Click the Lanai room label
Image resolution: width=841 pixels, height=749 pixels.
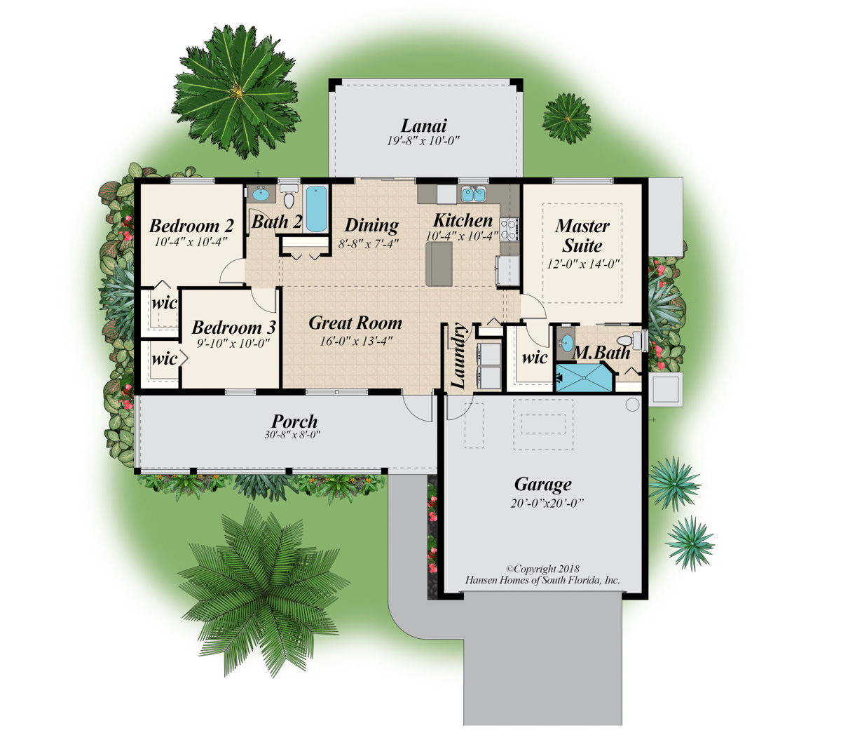click(x=423, y=126)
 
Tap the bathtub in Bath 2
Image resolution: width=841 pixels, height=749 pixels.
click(x=316, y=208)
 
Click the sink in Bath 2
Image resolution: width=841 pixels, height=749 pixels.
click(x=260, y=194)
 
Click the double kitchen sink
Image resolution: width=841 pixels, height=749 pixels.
click(x=474, y=194)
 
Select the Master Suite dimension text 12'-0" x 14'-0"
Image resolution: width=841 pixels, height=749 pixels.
click(x=583, y=264)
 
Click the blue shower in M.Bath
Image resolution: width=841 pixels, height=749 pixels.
click(x=584, y=377)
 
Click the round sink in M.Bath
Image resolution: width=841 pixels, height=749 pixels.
click(x=566, y=343)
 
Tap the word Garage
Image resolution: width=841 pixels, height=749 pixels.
click(x=542, y=485)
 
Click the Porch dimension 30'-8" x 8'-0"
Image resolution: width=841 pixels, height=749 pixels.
click(x=292, y=435)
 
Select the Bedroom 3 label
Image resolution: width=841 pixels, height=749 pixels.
click(x=233, y=328)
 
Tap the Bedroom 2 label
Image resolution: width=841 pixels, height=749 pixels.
click(x=191, y=226)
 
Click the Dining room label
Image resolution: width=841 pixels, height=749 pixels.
click(x=371, y=225)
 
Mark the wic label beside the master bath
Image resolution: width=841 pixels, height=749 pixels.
click(x=534, y=358)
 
